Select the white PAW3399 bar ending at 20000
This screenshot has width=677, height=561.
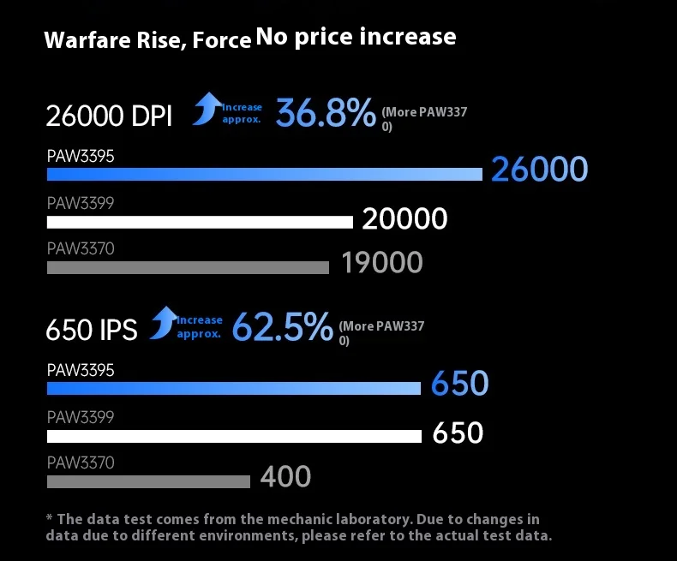(x=200, y=222)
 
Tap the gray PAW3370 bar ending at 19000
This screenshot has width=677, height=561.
(x=188, y=267)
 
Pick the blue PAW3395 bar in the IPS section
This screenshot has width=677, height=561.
(x=233, y=388)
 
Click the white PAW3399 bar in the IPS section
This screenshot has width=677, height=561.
(x=234, y=436)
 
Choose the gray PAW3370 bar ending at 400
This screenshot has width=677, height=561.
(x=148, y=481)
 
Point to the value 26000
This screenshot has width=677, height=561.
(x=539, y=170)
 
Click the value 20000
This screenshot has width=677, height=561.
(x=404, y=219)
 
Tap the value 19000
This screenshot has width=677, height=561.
(x=382, y=263)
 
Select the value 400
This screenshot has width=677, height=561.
(x=285, y=477)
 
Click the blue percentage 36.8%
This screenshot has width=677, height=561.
(x=325, y=113)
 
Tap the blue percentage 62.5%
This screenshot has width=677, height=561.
(x=282, y=327)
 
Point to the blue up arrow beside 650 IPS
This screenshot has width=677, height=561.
(x=162, y=323)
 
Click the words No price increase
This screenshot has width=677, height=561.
(x=356, y=37)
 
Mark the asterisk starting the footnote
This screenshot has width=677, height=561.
(x=50, y=518)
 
